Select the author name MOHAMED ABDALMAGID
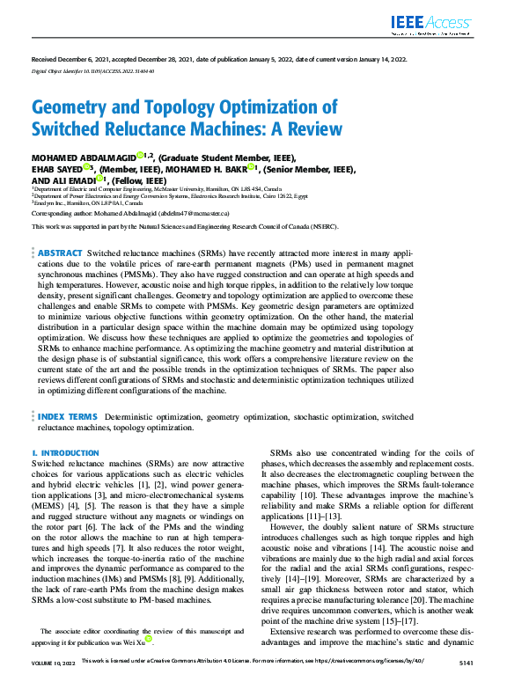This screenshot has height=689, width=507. [x=84, y=157]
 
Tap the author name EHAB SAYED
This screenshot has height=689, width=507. [x=57, y=168]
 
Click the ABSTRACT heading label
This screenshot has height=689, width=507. [x=61, y=252]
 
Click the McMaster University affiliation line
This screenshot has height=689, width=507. [x=158, y=188]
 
